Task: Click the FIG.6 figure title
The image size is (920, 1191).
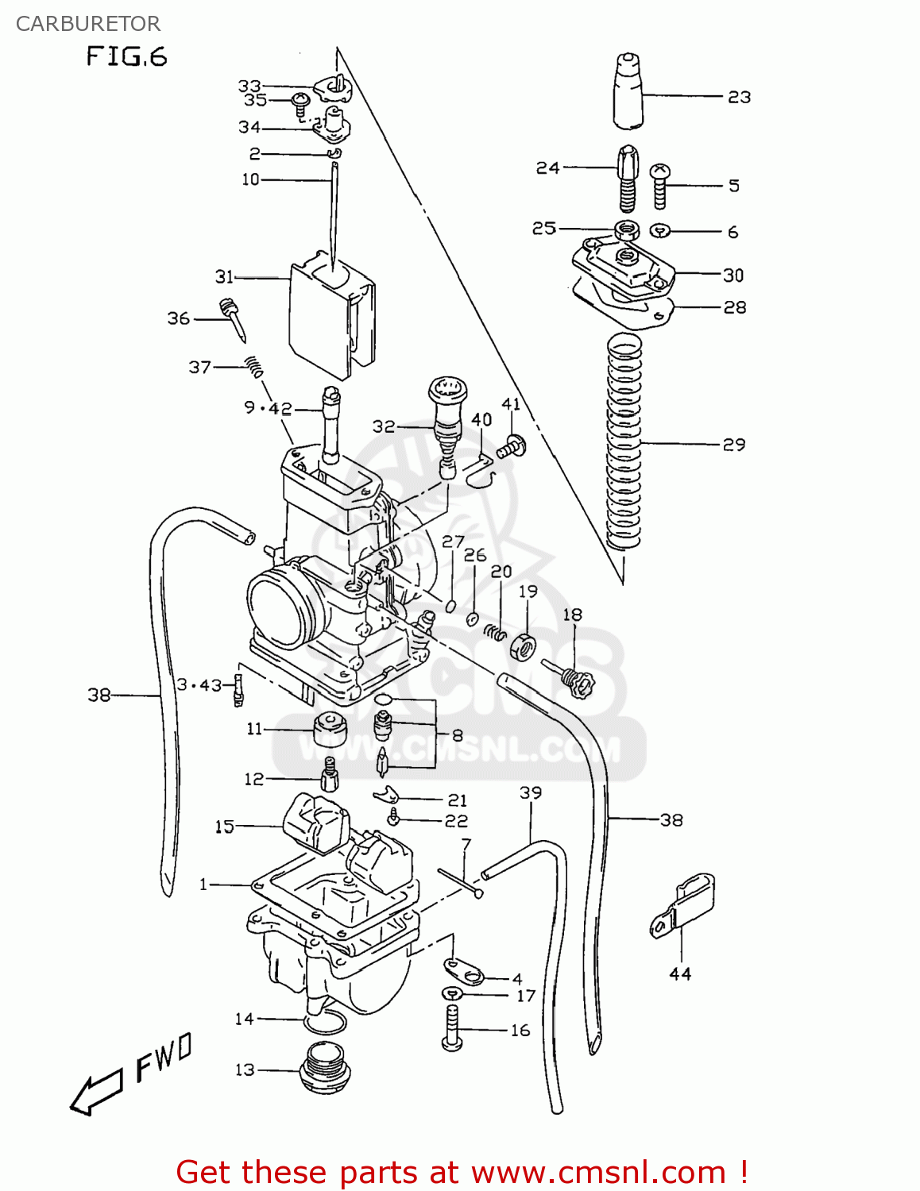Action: click(x=126, y=56)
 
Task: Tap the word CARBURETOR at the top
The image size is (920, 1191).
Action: click(x=87, y=24)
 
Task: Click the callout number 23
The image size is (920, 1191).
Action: click(x=739, y=97)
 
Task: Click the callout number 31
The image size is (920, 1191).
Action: click(x=224, y=276)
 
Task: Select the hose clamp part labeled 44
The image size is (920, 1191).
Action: click(x=684, y=905)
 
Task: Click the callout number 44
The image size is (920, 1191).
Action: click(x=680, y=973)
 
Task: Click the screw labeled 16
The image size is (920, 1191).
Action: click(x=451, y=1029)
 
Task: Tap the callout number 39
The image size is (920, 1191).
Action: click(x=531, y=792)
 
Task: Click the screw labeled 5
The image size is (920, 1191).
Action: click(x=660, y=186)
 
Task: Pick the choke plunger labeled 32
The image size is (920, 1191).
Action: click(x=448, y=425)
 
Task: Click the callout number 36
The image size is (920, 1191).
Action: click(x=178, y=318)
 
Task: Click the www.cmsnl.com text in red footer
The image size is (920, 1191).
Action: click(x=598, y=1173)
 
